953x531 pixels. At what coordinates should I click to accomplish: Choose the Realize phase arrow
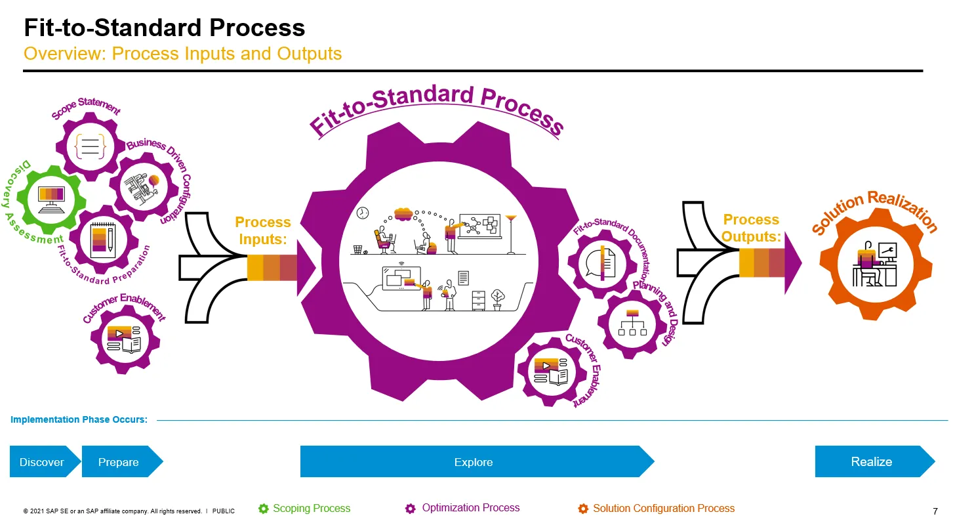click(x=872, y=461)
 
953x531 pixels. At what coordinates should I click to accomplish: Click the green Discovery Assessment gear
click(x=52, y=196)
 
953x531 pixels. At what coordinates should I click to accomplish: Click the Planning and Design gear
click(x=633, y=324)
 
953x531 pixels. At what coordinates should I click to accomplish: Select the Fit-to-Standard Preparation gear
click(x=102, y=240)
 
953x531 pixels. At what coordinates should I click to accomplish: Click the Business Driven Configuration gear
click(x=144, y=187)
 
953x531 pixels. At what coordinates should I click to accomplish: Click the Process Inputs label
click(x=263, y=230)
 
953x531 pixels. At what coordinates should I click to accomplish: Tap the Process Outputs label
click(x=751, y=228)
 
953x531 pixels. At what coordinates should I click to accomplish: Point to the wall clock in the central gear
click(x=363, y=213)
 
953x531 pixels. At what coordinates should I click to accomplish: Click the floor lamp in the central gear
click(x=511, y=232)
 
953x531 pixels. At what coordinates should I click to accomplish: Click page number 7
click(x=935, y=511)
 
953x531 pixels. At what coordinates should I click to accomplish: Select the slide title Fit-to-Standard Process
click(x=165, y=28)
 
